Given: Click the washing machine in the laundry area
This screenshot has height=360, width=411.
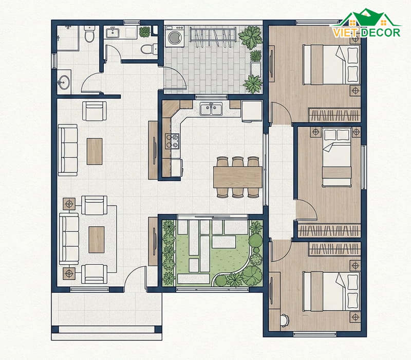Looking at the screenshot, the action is (175, 37).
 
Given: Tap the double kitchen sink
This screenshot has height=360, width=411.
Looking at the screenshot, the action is (211, 109).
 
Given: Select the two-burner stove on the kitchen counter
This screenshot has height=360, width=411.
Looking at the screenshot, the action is (172, 141).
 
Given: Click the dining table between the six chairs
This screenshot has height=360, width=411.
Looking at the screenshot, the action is (238, 177).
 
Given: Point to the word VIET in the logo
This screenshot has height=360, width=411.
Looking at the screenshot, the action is (344, 33).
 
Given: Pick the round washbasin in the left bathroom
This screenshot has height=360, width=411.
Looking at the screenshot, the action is (64, 82).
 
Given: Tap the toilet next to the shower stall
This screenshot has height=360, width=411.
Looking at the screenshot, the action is (89, 33).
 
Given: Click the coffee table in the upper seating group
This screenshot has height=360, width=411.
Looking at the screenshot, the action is (95, 151).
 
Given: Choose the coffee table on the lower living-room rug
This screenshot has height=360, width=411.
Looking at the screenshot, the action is (97, 240).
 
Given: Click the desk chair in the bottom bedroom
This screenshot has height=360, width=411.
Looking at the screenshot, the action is (285, 320).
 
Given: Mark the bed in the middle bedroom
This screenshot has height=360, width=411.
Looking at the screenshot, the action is (337, 157).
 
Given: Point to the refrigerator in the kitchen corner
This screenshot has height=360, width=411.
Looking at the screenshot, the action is (252, 112).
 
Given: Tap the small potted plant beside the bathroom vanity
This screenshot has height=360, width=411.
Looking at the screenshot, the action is (144, 32).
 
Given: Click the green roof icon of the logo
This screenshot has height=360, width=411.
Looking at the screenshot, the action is (367, 17).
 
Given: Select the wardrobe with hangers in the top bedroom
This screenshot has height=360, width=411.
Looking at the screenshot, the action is (334, 115).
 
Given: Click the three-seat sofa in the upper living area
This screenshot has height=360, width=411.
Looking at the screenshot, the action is (68, 150).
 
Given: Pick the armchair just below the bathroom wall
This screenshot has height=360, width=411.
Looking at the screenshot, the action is (95, 111).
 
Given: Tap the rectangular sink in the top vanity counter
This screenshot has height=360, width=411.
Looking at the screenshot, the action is (113, 33).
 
